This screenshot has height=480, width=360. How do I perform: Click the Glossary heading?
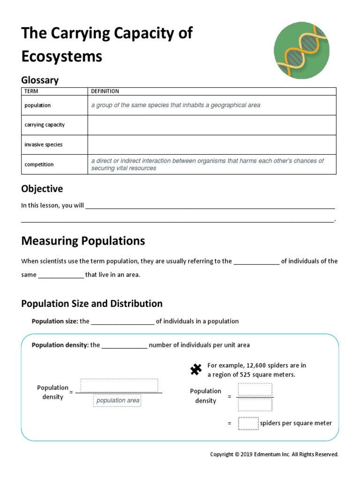[x=40, y=80]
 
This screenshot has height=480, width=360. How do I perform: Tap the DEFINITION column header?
[x=105, y=91]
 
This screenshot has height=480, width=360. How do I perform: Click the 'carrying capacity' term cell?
[x=45, y=125]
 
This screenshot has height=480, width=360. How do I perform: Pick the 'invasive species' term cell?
[x=43, y=145]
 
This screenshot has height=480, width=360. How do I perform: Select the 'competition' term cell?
[x=39, y=165]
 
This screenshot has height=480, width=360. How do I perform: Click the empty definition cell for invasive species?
[x=211, y=145]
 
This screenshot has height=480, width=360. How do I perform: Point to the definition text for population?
[x=175, y=105]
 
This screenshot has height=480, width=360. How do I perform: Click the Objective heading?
[x=42, y=189]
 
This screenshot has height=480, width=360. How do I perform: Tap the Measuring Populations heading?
[x=83, y=241]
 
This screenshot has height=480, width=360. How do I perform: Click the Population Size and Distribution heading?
[x=92, y=304]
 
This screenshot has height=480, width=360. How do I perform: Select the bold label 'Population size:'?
[x=54, y=322]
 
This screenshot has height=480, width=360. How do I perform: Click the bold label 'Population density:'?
[x=60, y=345]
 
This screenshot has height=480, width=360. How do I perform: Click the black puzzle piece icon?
[x=195, y=370]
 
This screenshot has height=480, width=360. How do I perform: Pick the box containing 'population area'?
[x=118, y=400]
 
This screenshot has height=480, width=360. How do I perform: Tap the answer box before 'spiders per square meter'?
[x=248, y=423]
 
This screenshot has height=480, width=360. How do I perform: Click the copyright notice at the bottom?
[x=274, y=454]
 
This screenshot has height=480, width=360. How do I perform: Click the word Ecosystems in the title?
[x=61, y=57]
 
